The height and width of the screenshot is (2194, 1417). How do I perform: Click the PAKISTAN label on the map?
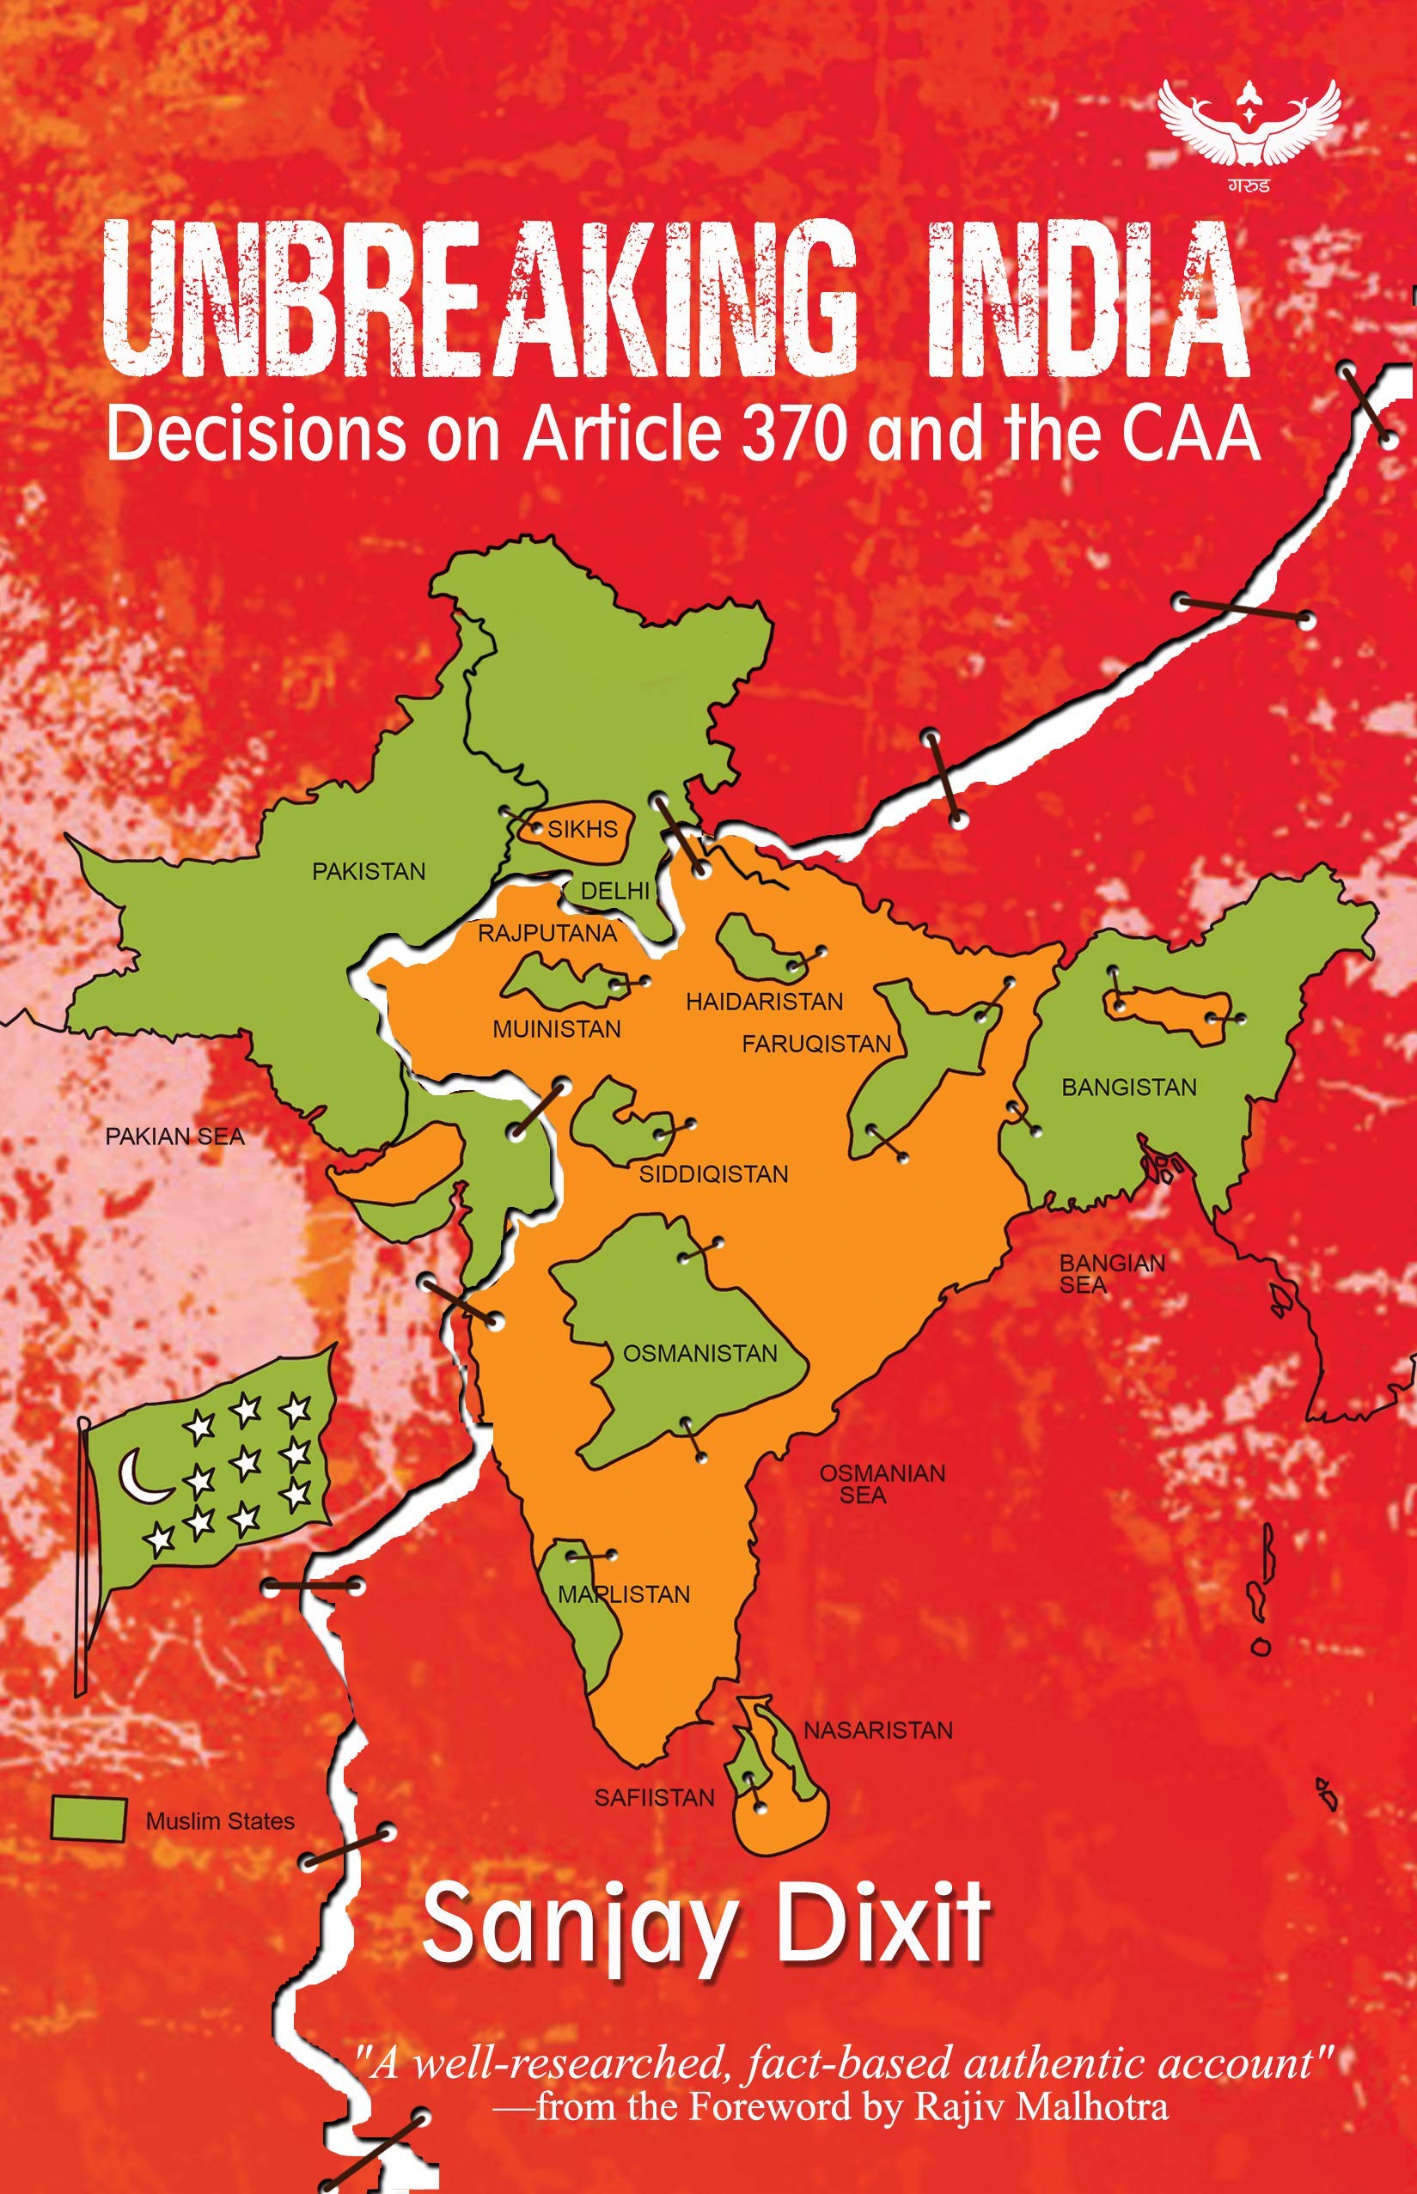[x=369, y=871]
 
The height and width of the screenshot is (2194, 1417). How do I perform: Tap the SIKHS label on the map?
[x=583, y=829]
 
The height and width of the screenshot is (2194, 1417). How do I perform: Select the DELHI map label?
[x=614, y=891]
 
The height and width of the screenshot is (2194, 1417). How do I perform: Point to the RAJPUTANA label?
[x=547, y=933]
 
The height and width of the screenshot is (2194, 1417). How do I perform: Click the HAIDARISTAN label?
[x=765, y=1001]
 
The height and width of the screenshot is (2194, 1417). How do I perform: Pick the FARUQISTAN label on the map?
[x=816, y=1043]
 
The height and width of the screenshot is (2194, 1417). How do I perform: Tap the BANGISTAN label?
[x=1129, y=1088]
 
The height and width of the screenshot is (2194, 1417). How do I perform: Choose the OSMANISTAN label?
[x=700, y=1353]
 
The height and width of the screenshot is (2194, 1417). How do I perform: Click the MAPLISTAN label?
[x=623, y=1594]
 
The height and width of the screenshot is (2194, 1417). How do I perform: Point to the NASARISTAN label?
[x=878, y=1730]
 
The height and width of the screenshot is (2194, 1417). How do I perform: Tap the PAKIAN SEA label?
[x=174, y=1137]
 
